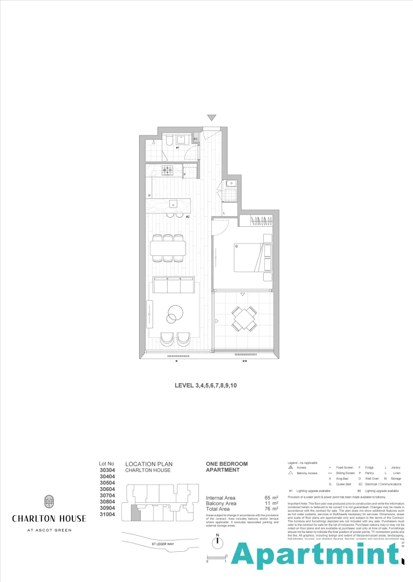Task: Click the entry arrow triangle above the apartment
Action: (212, 118)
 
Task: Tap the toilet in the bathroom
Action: (168, 141)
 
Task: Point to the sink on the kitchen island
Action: (174, 204)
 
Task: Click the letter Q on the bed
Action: (236, 246)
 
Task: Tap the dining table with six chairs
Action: (167, 248)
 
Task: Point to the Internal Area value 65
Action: (267, 497)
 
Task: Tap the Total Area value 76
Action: (267, 509)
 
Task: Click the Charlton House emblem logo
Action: (49, 502)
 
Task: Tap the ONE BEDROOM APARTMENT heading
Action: (227, 467)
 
